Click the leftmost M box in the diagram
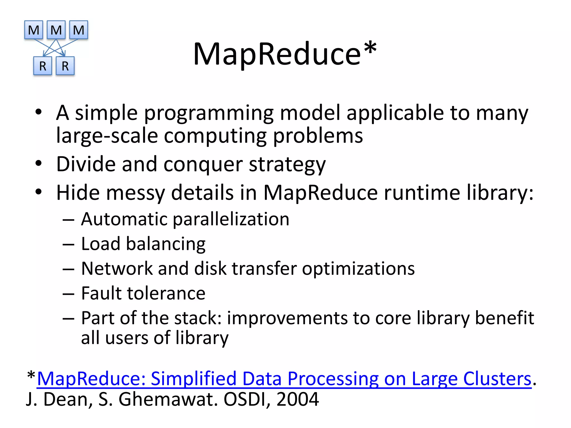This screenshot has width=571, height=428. (x=34, y=30)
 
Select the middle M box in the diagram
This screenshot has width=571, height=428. (x=56, y=30)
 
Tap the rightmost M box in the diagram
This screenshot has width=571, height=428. (x=79, y=30)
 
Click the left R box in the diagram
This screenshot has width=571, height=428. (x=43, y=66)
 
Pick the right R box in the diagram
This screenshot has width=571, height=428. (x=65, y=66)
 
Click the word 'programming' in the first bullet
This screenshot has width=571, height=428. (x=209, y=113)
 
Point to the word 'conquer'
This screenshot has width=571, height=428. (x=203, y=164)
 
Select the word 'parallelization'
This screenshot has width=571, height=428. (x=231, y=219)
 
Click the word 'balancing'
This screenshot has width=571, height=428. (x=166, y=244)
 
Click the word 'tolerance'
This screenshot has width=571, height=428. (x=166, y=293)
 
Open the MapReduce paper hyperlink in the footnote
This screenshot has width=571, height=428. (x=284, y=379)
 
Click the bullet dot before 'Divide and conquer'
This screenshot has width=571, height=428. (x=38, y=163)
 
